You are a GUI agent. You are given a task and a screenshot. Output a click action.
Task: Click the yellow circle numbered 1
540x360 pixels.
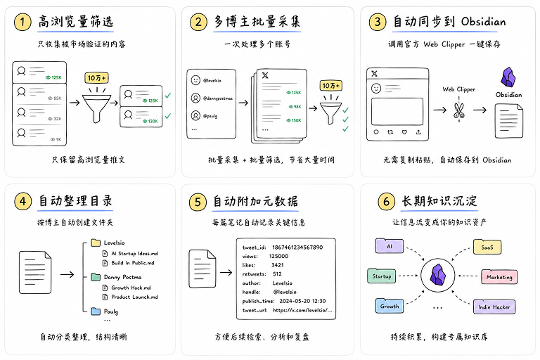point(22,22)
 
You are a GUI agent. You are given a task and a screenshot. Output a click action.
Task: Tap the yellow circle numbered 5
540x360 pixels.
point(198,202)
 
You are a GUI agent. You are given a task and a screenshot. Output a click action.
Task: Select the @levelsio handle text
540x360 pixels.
point(212,81)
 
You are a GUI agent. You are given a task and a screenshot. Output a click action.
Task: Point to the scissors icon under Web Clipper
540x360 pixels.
point(458,110)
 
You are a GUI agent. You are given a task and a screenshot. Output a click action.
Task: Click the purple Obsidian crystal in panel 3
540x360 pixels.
point(508,77)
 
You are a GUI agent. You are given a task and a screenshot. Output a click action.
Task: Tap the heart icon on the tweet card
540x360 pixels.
point(405,132)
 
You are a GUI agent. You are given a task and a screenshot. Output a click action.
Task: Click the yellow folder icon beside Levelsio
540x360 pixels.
point(96,243)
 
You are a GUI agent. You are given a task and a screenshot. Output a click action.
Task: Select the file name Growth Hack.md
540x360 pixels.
point(131,288)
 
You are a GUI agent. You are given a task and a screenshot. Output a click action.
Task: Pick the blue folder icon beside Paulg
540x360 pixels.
point(96,311)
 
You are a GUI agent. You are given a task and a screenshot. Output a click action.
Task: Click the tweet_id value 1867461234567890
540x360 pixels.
point(297,247)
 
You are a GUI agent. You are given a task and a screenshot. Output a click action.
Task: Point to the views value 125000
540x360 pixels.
point(278,257)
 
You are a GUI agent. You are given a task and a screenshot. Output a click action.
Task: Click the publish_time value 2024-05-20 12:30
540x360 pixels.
point(302,301)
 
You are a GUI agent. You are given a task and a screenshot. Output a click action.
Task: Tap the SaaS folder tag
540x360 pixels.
point(487,247)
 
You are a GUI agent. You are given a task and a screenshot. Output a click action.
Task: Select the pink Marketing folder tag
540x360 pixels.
point(499,276)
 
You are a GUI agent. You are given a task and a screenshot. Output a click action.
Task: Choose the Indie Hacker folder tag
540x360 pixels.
point(494,307)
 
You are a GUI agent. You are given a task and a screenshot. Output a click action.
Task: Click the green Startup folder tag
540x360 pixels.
point(381,276)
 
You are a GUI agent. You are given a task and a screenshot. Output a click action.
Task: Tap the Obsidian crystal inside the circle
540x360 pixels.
point(438,275)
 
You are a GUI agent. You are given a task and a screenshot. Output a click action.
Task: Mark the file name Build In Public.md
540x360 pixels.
point(133,263)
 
